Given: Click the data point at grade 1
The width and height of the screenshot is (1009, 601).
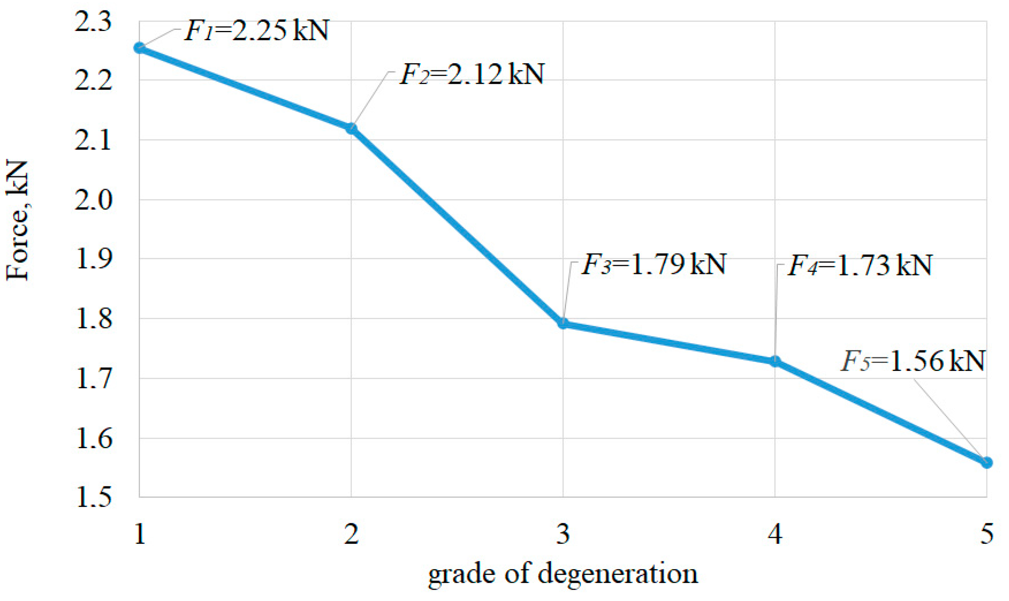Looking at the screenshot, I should pos(139,48).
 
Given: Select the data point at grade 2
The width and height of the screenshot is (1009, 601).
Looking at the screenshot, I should pos(351,128).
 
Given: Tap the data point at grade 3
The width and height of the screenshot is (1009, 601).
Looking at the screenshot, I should pos(563,323).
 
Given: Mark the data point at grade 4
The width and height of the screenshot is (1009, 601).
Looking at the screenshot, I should pos(774,360).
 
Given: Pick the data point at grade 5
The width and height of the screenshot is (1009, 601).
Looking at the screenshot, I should pos(986,463).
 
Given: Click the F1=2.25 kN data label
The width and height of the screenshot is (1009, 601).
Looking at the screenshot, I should pos(256,31).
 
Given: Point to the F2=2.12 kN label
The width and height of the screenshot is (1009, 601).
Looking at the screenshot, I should pos(472,74).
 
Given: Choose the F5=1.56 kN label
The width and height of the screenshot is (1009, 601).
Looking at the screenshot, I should pos(913,362).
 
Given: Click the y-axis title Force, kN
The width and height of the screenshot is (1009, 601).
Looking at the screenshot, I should pos(17,221).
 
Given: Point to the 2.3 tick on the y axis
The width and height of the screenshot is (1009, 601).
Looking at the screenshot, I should pos(92,22).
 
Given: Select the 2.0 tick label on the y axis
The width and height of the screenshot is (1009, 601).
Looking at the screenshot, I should pos(92,200).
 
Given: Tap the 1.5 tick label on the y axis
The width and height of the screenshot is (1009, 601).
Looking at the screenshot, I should pos(92,498).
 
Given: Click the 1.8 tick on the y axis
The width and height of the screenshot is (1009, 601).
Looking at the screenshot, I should pos(92,319).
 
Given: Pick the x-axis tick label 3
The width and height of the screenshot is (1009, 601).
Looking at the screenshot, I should pos(563,534).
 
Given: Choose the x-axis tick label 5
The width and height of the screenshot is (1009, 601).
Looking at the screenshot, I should pos(986,534).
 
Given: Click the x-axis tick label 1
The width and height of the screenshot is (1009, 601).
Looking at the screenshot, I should pos(139,534).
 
